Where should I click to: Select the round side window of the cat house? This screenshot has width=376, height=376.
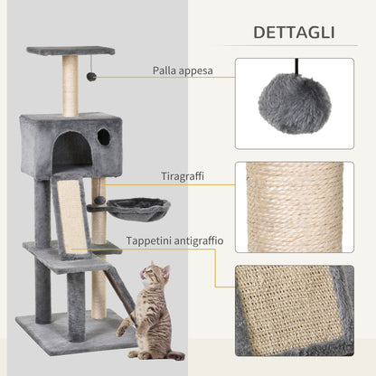[x=104, y=137]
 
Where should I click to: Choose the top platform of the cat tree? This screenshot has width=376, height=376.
[x=70, y=51]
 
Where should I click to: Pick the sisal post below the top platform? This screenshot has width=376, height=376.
[x=70, y=85]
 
